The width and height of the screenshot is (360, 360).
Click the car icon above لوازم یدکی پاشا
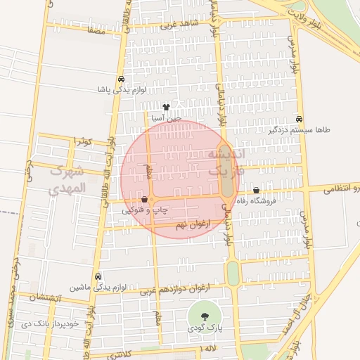[x=122, y=79]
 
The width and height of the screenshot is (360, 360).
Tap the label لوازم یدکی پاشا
[x=122, y=90]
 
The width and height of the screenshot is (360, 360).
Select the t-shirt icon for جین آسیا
[x=166, y=108]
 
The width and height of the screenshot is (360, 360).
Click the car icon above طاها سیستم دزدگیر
[x=300, y=119]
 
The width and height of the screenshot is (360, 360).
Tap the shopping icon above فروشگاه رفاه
[x=255, y=190]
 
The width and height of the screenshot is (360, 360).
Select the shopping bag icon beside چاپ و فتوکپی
[x=144, y=200]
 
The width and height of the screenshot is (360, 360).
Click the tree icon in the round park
[x=204, y=316]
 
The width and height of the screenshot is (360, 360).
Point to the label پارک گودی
[x=204, y=328]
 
